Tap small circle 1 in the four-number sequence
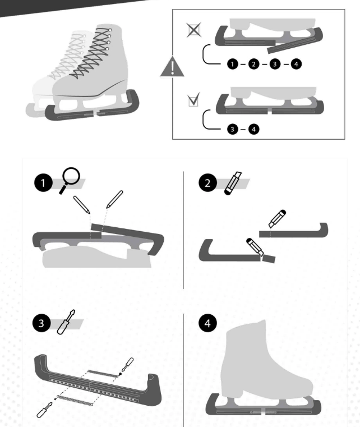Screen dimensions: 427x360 [x=232, y=64]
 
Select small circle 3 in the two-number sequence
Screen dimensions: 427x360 [x=232, y=129]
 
